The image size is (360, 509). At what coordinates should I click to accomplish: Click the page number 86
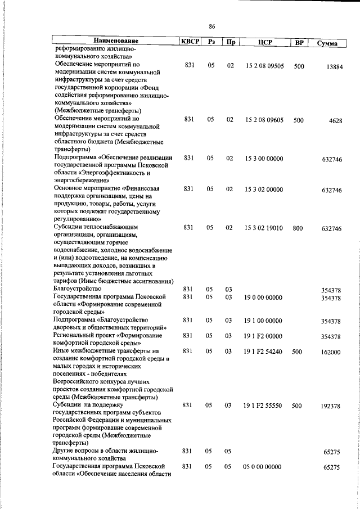(212, 26)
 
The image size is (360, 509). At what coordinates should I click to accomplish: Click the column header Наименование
(116, 41)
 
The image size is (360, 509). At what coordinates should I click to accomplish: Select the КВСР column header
(189, 42)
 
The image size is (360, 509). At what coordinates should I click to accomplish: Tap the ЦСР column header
(265, 42)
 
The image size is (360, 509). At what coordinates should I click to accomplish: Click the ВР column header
(300, 42)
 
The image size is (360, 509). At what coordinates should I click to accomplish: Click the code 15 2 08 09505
(264, 66)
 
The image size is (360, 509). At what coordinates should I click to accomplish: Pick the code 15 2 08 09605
(264, 119)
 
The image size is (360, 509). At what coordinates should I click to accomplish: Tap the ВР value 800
(298, 228)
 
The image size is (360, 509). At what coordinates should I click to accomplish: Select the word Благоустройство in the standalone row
(77, 289)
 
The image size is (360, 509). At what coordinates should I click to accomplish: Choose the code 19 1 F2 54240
(263, 352)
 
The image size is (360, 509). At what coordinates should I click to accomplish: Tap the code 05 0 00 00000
(263, 466)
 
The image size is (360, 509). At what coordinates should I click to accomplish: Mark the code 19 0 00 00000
(263, 297)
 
